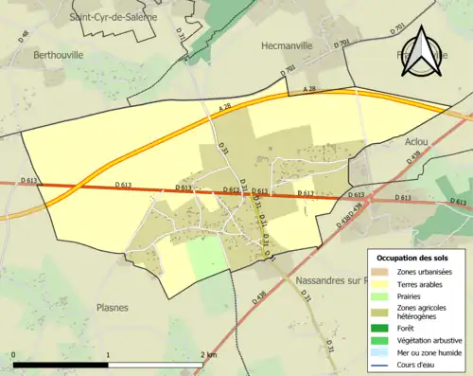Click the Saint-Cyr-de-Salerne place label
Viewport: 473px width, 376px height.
click(x=113, y=16)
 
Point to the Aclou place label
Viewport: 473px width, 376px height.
click(x=416, y=141)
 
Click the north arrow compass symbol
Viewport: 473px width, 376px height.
click(x=424, y=53)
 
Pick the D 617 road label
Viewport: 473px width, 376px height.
click(x=306, y=193)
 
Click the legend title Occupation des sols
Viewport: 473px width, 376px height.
click(x=414, y=258)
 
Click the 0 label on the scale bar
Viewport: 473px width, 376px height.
click(x=14, y=355)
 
